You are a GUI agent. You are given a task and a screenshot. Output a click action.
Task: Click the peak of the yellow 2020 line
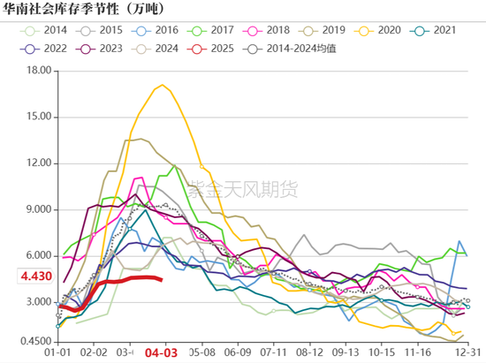point(163,85)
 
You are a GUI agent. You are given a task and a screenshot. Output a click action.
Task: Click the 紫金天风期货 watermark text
point(243,188)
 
